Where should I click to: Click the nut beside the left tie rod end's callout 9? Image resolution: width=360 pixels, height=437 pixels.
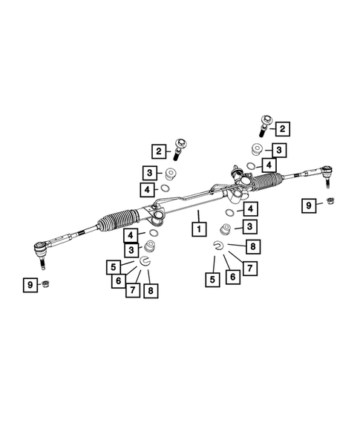point(46,286)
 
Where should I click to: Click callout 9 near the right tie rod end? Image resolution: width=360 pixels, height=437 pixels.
point(307,206)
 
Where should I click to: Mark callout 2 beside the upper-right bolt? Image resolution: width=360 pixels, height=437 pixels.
point(283,129)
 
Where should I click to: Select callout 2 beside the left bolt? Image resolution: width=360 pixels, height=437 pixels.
point(158,151)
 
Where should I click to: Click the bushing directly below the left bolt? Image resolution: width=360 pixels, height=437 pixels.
point(171,175)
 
